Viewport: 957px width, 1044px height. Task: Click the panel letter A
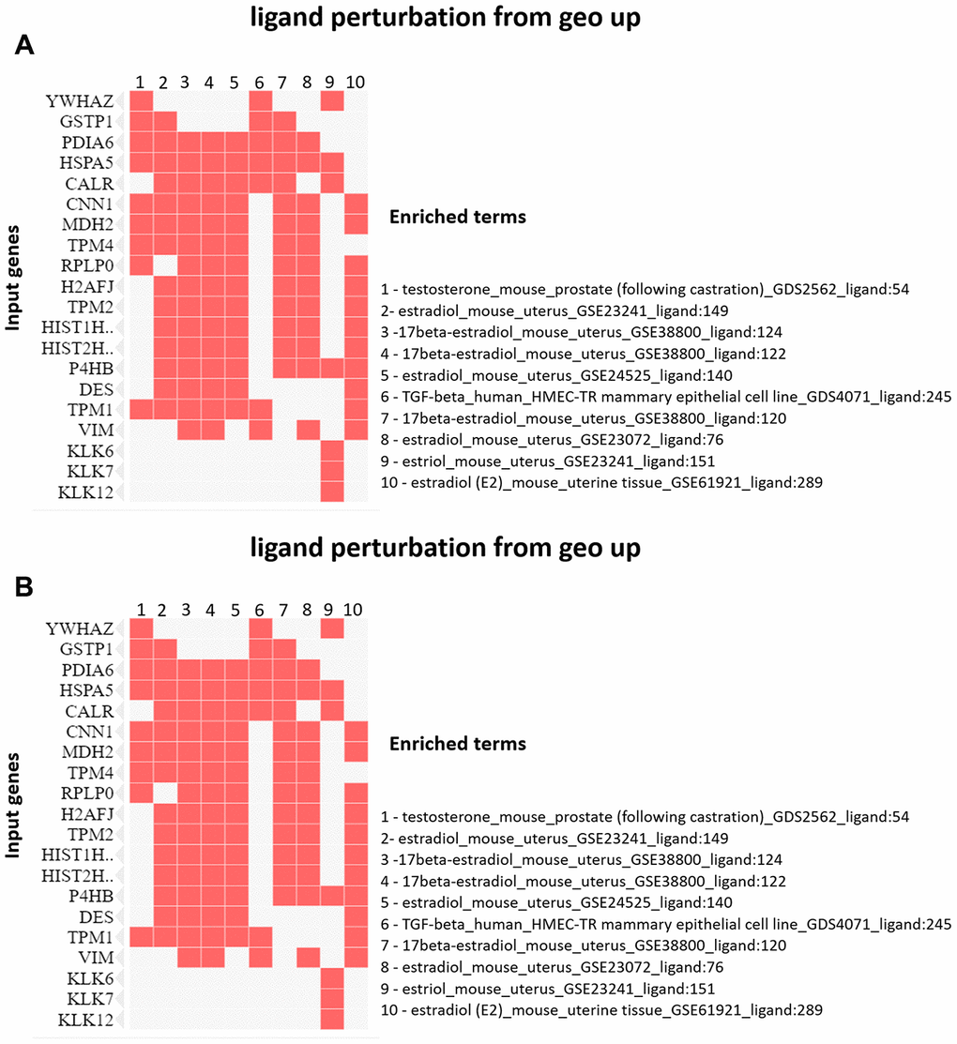[27, 47]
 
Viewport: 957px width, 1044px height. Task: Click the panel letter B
[27, 588]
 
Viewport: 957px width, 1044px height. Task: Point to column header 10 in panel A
[356, 83]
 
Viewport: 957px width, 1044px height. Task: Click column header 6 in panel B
[261, 611]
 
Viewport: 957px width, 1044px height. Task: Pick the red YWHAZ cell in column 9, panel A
[331, 101]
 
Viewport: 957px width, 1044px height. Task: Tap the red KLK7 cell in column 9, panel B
[331, 998]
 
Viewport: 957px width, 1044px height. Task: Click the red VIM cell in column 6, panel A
[261, 430]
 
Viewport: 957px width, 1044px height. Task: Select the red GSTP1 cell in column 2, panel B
[164, 649]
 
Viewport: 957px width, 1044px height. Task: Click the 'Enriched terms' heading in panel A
[457, 217]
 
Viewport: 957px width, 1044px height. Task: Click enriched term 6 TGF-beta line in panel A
[666, 397]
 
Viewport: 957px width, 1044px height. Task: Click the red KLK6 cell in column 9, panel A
[331, 450]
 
